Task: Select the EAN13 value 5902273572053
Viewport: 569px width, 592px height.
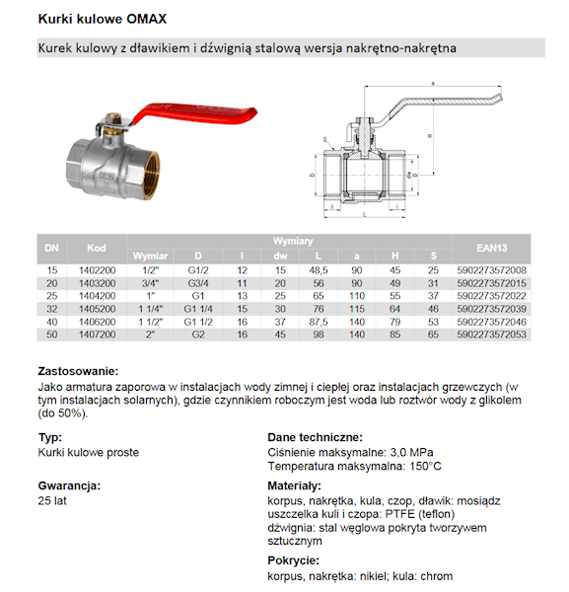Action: click(x=492, y=335)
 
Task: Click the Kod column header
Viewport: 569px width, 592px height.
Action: click(x=96, y=248)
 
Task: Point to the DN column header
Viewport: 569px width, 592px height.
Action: click(x=51, y=248)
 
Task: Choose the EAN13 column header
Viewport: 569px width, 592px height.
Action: click(x=492, y=248)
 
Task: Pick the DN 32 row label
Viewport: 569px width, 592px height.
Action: click(x=51, y=309)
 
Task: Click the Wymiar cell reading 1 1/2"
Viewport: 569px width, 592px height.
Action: click(x=153, y=322)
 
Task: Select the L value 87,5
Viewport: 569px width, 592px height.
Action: click(x=319, y=322)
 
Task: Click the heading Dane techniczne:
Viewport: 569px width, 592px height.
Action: click(x=314, y=437)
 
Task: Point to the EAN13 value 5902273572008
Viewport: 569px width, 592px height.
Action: click(x=492, y=270)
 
